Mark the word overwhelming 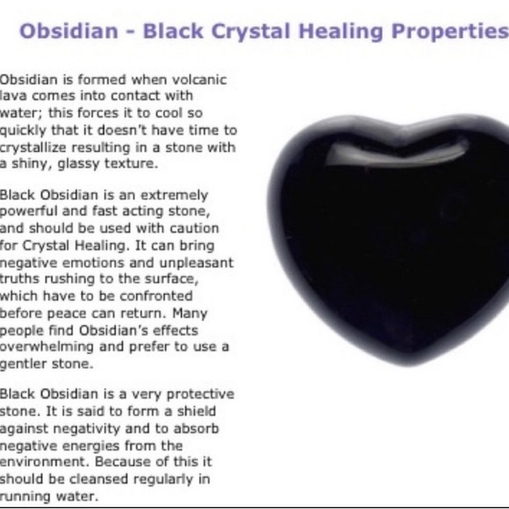tap(43, 347)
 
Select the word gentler tap(26, 362)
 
